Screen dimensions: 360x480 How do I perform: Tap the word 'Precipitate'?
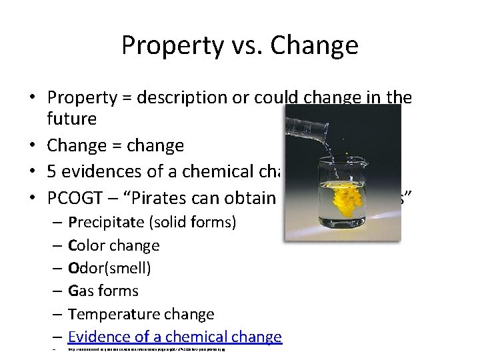[x=109, y=221]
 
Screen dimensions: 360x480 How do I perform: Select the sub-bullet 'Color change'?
[x=113, y=245]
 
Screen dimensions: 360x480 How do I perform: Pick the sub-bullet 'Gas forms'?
[x=103, y=291]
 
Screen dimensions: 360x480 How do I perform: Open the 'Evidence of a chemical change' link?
[x=175, y=337]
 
